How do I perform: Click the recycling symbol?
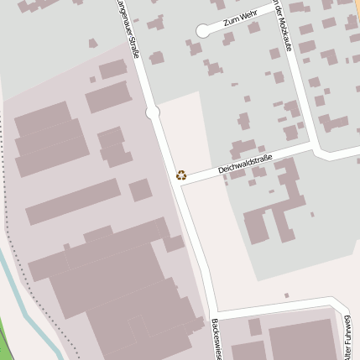(181, 175)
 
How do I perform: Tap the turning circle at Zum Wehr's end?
(202, 31)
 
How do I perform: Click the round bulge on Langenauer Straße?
(153, 112)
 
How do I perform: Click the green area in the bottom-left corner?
(4, 348)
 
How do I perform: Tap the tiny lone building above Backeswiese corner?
(286, 295)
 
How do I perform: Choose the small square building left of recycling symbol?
(140, 190)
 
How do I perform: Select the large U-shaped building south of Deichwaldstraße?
(274, 210)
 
